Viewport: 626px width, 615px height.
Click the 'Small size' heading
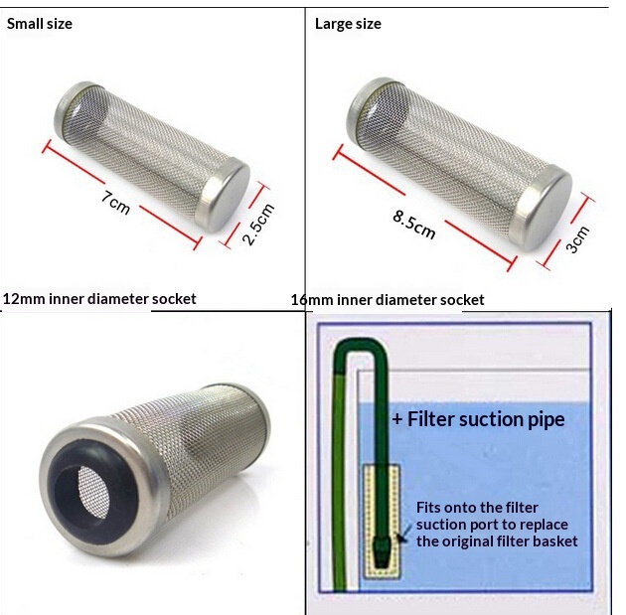(40, 24)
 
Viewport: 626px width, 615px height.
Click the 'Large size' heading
(348, 24)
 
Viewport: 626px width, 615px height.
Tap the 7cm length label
(115, 203)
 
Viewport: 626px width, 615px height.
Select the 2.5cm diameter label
(258, 224)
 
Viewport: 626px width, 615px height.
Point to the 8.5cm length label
(413, 225)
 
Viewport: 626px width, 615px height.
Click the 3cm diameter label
(577, 239)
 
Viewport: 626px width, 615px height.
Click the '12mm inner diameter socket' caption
(99, 299)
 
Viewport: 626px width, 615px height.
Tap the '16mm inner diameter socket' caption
(388, 300)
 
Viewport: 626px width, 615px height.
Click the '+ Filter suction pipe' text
(478, 419)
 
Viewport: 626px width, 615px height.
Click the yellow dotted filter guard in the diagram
(382, 522)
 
